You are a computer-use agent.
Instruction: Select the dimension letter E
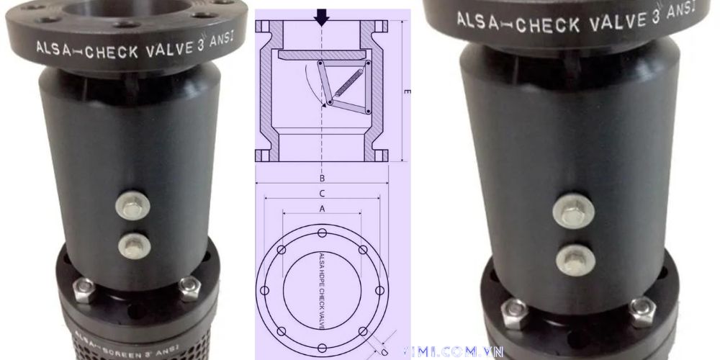tap(408, 92)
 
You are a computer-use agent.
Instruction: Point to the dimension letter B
tap(323, 177)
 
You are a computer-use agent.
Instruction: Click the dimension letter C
tap(323, 193)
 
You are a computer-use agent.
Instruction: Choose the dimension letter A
tap(323, 208)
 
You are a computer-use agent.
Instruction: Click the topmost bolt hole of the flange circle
tap(322, 232)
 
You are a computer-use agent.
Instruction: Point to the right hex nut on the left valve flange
tap(189, 288)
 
